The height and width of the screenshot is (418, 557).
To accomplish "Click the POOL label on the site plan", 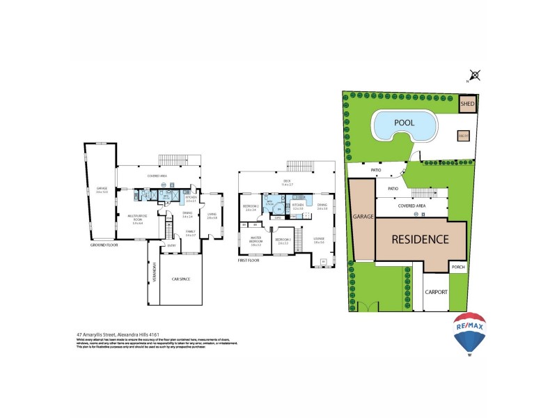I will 405,123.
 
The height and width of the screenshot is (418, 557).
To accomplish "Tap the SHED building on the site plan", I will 468,104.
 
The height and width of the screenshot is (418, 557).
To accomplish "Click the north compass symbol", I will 475,75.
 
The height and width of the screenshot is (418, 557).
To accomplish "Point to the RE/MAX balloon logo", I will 470,333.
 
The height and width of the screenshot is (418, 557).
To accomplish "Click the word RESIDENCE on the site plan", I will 419,240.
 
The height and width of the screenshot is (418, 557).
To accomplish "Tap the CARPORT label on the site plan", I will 437,293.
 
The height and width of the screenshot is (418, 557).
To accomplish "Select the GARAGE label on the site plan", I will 362,217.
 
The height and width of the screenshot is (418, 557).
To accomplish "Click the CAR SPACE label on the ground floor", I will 180,279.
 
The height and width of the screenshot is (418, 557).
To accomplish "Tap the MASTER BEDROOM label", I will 256,241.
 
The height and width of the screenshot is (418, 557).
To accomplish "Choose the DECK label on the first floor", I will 286,181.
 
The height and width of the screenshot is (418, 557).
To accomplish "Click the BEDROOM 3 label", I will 283,242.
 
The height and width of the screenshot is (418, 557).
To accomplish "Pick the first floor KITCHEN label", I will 299,205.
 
